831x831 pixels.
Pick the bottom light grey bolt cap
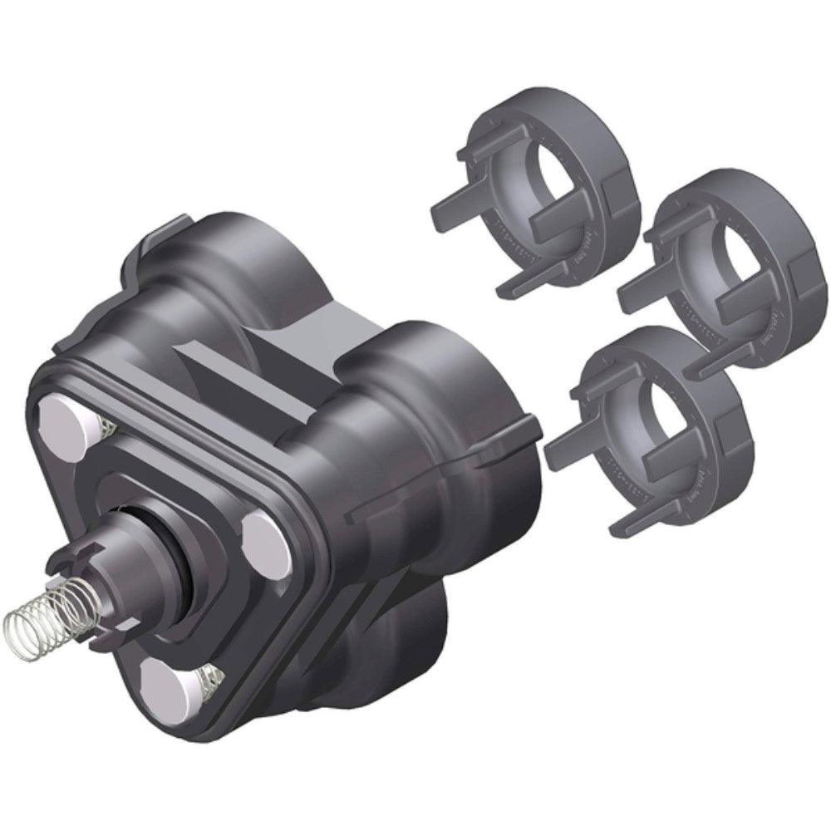[x=170, y=681]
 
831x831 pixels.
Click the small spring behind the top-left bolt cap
[x=106, y=429]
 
